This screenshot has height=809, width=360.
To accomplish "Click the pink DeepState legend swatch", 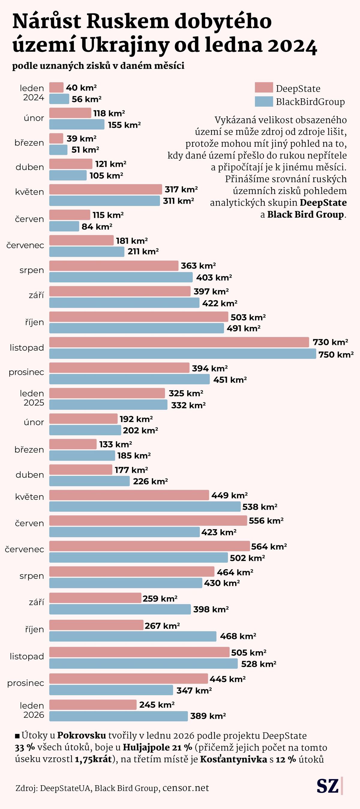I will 264,88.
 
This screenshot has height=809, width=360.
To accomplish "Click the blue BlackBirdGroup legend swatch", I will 264,101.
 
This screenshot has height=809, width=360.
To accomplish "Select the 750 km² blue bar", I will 182,354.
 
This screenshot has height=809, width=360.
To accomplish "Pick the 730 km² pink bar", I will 179,342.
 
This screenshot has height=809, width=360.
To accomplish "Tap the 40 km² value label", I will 81,88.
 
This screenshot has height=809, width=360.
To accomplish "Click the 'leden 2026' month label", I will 32,710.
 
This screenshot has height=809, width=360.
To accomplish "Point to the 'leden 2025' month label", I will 32,398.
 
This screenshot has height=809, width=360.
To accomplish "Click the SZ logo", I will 328,787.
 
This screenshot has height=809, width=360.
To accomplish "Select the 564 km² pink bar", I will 149,546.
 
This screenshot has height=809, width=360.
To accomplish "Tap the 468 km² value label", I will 238,636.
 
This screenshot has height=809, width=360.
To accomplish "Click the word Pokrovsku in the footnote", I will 81,736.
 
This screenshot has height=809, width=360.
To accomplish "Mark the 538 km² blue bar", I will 145,507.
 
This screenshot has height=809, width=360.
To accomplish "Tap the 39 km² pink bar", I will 56,138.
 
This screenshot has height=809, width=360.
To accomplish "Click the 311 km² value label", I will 178,201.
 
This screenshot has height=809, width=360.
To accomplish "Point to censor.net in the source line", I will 186,788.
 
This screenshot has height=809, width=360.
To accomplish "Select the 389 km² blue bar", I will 118,716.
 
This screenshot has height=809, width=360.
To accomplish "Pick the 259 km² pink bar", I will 95,598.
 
